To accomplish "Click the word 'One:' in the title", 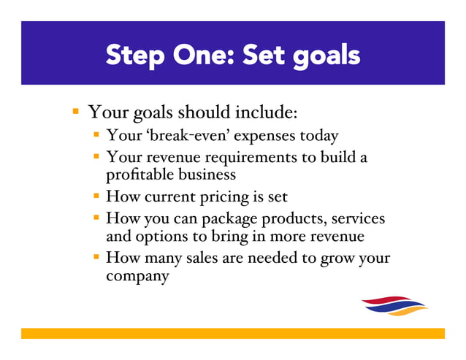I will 200,55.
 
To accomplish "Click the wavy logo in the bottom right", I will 394,306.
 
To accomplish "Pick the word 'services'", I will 356,218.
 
